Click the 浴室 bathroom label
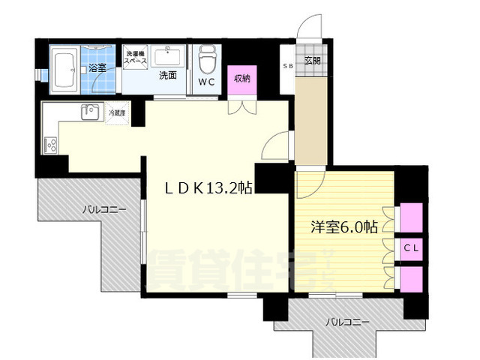tap(98, 68)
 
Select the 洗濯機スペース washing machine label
tap(136, 58)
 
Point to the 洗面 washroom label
tap(166, 75)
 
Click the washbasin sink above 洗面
tap(167, 56)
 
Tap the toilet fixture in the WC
tap(206, 58)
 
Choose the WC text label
tap(207, 82)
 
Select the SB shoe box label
tap(288, 66)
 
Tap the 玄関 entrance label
tap(312, 60)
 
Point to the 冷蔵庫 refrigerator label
tap(118, 113)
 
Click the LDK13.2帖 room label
tap(208, 190)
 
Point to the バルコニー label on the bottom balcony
tap(346, 322)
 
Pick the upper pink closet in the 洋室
tap(411, 218)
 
